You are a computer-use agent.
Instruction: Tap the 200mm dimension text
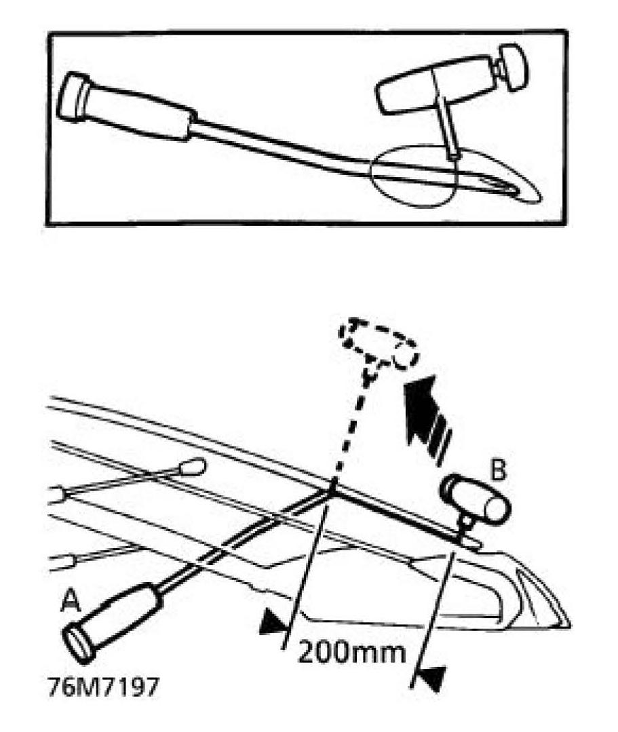(x=352, y=653)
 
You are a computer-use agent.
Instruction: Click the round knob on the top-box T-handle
(x=513, y=62)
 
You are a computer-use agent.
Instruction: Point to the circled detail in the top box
(x=414, y=174)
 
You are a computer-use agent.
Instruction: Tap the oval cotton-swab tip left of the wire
(x=194, y=467)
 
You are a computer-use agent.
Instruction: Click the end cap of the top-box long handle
(x=69, y=97)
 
